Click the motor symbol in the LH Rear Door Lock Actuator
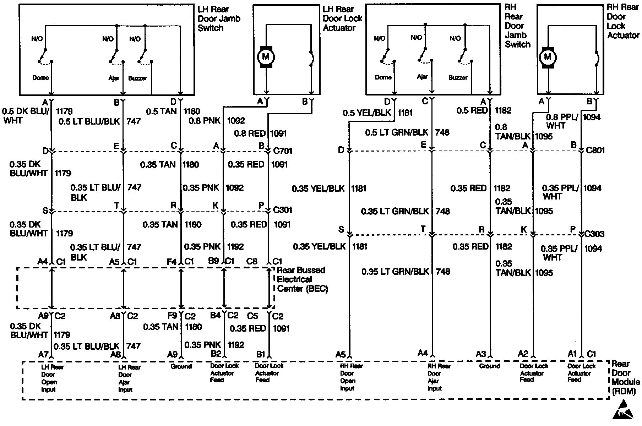266,56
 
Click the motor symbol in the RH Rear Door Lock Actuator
548,57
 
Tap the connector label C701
283,151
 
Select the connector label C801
595,150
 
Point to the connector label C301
283,210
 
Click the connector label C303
594,234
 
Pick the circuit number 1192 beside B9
236,246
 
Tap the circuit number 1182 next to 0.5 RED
504,110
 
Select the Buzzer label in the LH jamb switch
137,78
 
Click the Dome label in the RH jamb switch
383,77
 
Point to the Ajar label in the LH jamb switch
114,78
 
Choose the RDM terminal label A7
43,354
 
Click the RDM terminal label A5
341,354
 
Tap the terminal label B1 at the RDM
261,354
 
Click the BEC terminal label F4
172,262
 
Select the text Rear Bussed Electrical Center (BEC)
302,279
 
